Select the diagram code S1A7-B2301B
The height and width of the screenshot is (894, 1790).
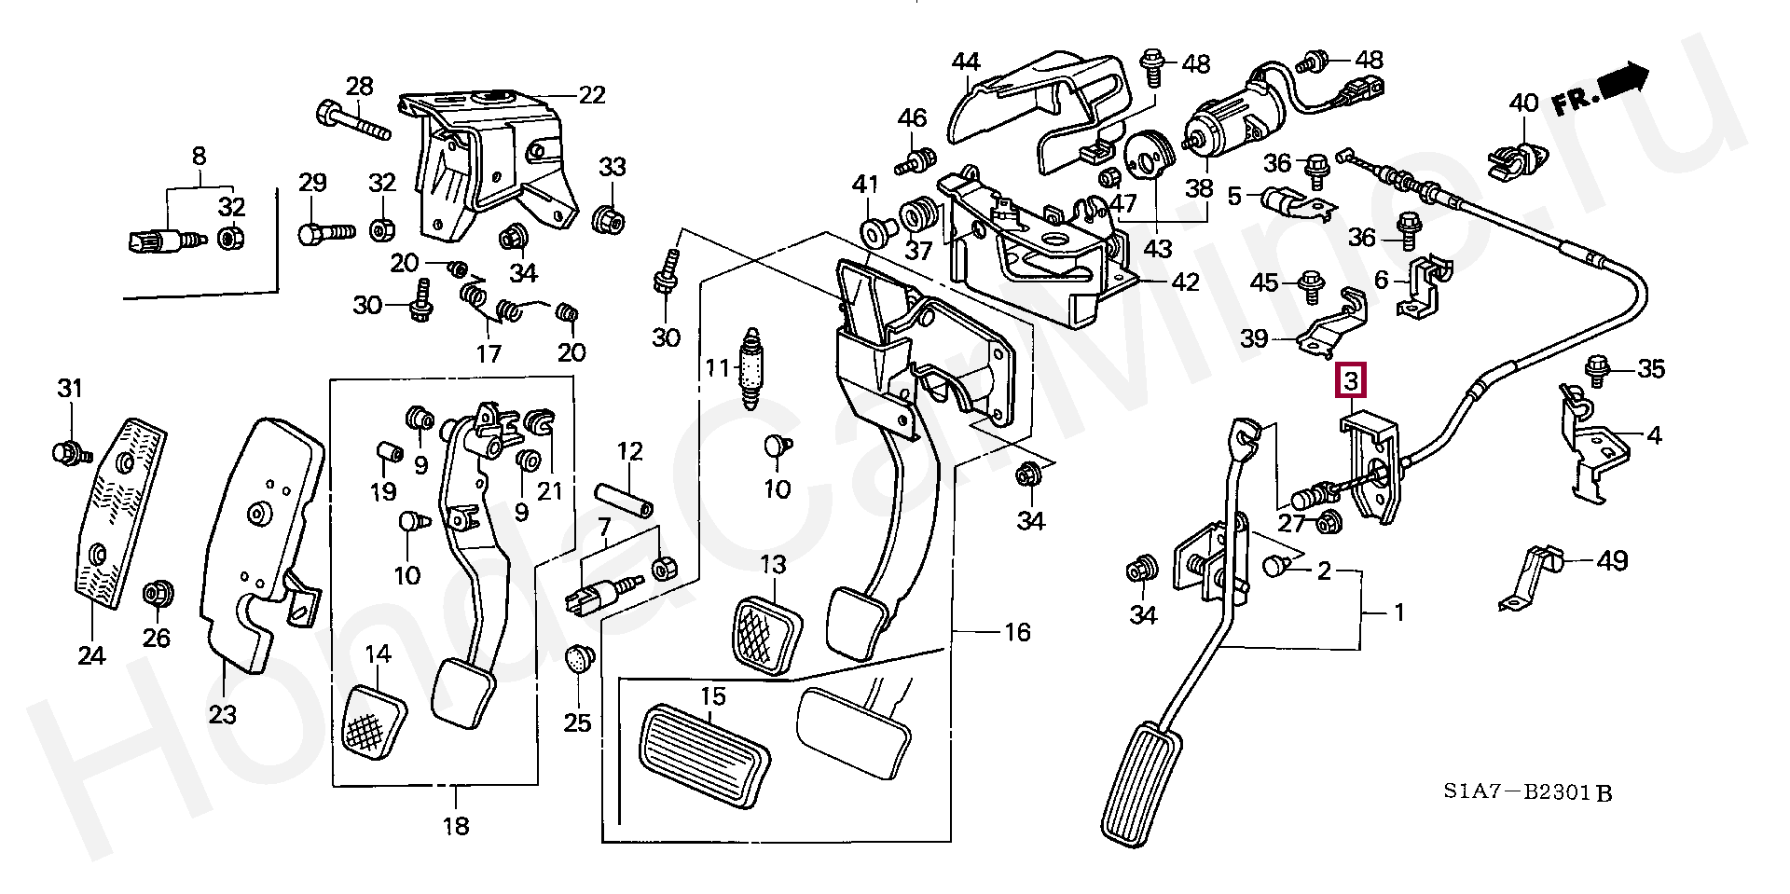1528,793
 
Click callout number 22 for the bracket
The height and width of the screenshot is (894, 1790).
591,95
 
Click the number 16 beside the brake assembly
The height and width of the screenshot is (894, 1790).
1017,632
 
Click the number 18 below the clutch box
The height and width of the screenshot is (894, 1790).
456,825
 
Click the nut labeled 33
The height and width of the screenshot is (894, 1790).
610,220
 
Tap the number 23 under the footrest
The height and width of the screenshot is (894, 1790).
222,715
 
